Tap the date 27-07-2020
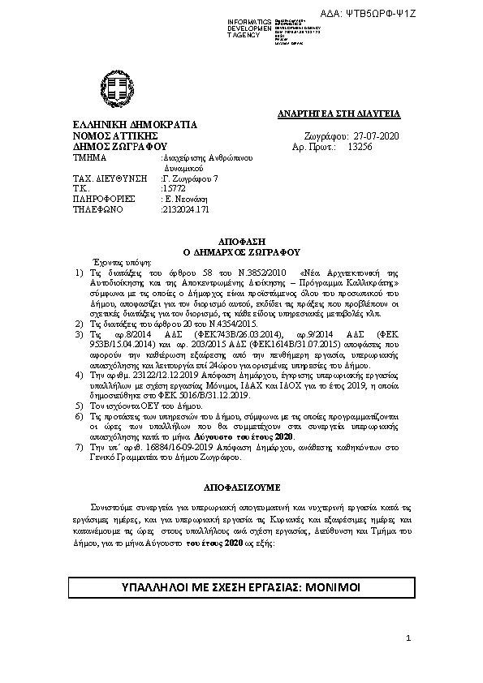[x=377, y=136]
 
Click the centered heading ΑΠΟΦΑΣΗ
[x=242, y=242]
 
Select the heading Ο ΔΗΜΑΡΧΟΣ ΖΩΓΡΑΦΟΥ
[x=242, y=251]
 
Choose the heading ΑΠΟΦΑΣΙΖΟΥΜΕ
[x=242, y=489]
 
